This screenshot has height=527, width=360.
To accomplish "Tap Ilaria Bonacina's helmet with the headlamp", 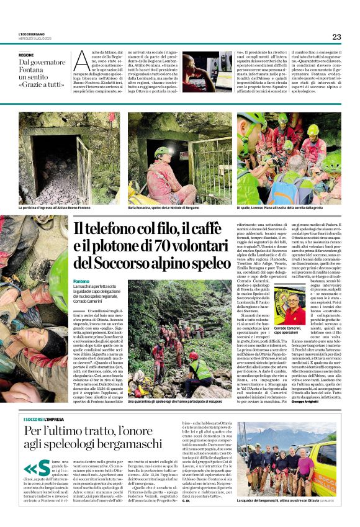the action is click(x=162, y=151).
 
